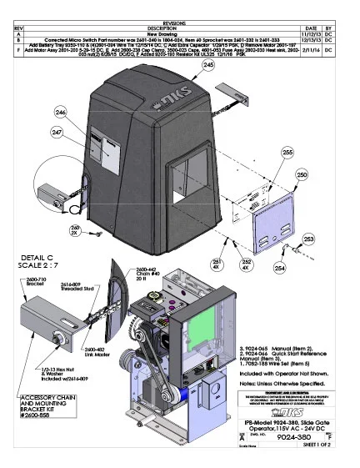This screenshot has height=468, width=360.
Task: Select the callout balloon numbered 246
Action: (x=60, y=113)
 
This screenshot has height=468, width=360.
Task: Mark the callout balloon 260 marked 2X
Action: (x=75, y=229)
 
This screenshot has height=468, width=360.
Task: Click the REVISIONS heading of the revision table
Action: (x=180, y=4)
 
